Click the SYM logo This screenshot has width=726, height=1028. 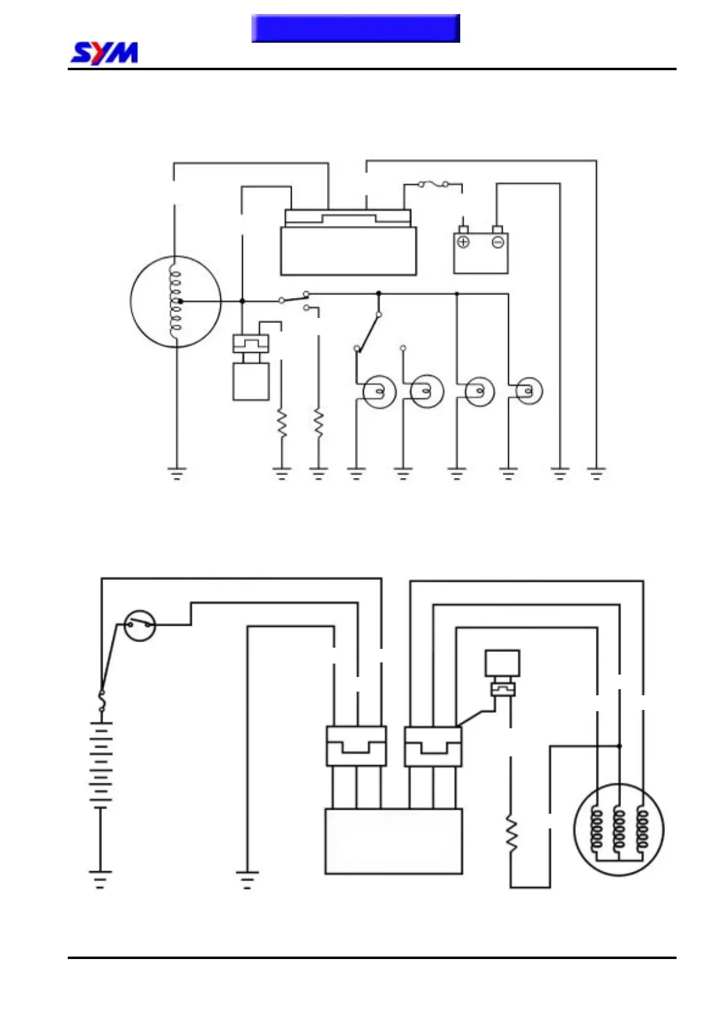[104, 53]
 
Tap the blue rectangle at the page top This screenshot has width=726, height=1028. [355, 28]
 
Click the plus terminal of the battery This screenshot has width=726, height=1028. [463, 242]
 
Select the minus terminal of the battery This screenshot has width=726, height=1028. [498, 242]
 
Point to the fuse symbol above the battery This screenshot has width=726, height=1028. [433, 184]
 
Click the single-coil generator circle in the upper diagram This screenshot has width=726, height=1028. [176, 301]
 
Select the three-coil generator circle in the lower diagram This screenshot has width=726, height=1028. [619, 830]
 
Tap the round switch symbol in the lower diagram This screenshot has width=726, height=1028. [140, 625]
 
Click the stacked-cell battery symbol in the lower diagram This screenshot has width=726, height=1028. [101, 766]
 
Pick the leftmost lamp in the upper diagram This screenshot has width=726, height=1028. [379, 391]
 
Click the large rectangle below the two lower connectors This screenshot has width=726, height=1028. [394, 841]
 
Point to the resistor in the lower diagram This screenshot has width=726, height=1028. [511, 834]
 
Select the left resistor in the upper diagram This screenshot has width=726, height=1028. [282, 423]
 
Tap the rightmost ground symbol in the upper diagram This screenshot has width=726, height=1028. [596, 473]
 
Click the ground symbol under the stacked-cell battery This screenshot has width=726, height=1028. [101, 878]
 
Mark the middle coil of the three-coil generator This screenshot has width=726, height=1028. [619, 828]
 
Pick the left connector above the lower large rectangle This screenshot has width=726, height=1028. [356, 746]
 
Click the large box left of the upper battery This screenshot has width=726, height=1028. [348, 250]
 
